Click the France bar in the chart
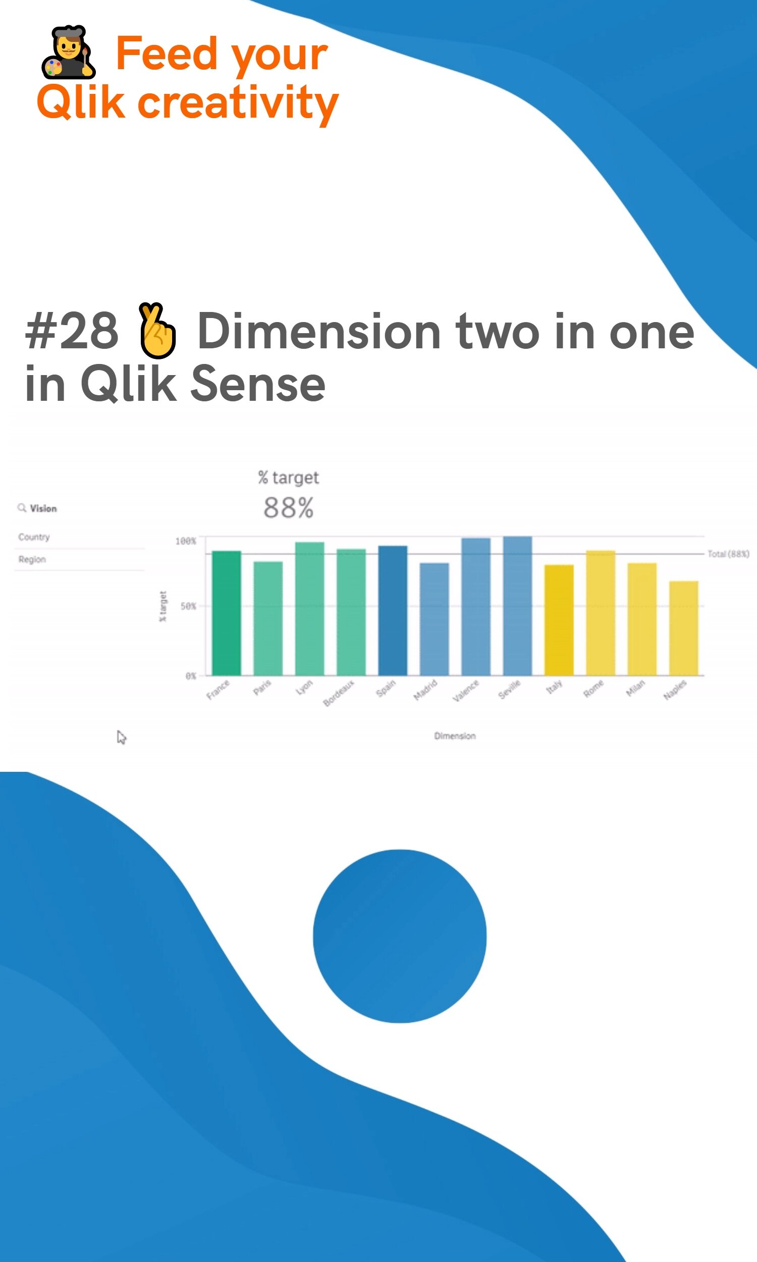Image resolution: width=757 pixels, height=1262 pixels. point(227,613)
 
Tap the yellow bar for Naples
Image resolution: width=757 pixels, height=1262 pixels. point(683,628)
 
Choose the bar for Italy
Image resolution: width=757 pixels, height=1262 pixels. point(559,620)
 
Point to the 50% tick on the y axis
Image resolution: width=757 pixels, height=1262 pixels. point(188,606)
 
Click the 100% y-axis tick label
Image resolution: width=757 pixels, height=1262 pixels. point(186,541)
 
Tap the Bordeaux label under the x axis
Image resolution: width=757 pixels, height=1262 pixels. point(339,693)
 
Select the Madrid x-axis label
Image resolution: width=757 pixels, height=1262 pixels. point(425,690)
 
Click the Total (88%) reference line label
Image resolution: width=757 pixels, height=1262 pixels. point(728,554)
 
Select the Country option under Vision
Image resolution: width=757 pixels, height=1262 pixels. point(34,537)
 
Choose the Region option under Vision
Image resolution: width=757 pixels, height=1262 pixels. point(32,560)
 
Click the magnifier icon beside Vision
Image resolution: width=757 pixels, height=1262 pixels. point(21,508)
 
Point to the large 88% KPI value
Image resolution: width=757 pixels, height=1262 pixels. point(289,508)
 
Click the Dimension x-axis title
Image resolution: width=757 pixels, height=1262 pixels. point(455,735)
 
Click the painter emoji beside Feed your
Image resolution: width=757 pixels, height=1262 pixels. point(69,51)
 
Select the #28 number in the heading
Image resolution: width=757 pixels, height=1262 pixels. point(72,332)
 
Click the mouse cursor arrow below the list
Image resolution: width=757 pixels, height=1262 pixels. point(121,737)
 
